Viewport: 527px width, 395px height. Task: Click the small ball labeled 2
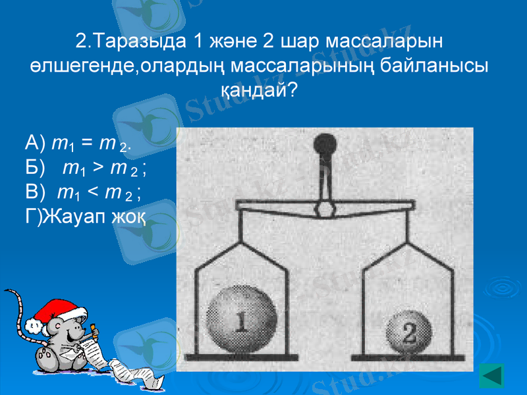[x=408, y=332]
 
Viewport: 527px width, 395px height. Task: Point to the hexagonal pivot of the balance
[x=324, y=209]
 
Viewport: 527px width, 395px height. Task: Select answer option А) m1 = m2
[x=79, y=143]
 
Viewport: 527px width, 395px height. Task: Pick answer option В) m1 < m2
[x=83, y=192]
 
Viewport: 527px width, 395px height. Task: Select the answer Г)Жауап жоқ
[x=86, y=217]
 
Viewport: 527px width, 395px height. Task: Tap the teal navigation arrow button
[x=491, y=375]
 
